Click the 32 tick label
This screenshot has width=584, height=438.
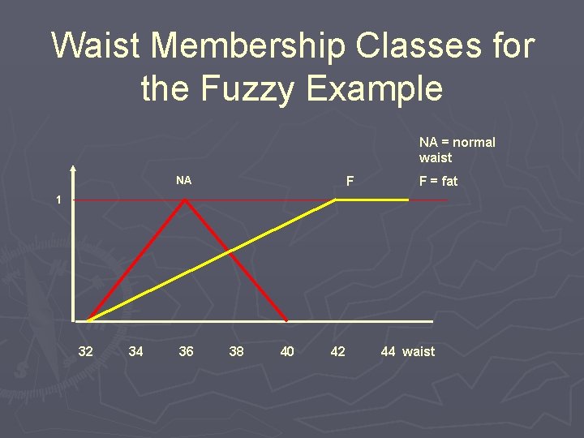click(x=85, y=351)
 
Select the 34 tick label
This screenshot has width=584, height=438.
click(x=135, y=351)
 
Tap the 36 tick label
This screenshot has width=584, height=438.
click(x=186, y=351)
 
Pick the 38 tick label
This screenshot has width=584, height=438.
click(x=236, y=351)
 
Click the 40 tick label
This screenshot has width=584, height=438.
click(x=286, y=351)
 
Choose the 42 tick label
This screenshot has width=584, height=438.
click(x=337, y=351)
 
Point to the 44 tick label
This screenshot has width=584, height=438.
click(x=388, y=351)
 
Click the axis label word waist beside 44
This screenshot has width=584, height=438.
click(x=419, y=351)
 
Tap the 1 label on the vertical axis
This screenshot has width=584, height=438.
click(x=58, y=200)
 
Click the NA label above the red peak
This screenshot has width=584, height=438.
click(x=184, y=180)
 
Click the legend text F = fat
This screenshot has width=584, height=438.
click(x=438, y=182)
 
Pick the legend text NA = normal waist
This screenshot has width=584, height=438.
click(x=457, y=150)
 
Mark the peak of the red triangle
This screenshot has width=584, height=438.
click(x=186, y=200)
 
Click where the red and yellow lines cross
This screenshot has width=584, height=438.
click(x=230, y=251)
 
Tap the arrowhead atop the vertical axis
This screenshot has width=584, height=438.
click(x=73, y=171)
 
